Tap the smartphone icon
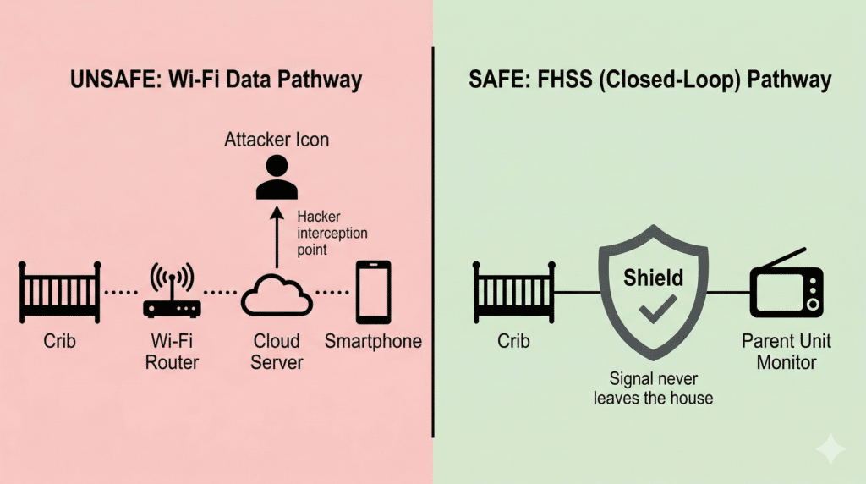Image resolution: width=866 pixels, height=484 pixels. [x=373, y=292]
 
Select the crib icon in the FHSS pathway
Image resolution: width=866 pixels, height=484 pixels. [x=513, y=292]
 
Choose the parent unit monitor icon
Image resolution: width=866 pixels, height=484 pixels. [x=787, y=289]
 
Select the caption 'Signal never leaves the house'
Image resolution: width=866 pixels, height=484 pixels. [x=652, y=388]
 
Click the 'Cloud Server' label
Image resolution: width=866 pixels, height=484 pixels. [x=277, y=351]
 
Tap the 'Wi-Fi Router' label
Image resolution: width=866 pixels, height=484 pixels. [x=172, y=351]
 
